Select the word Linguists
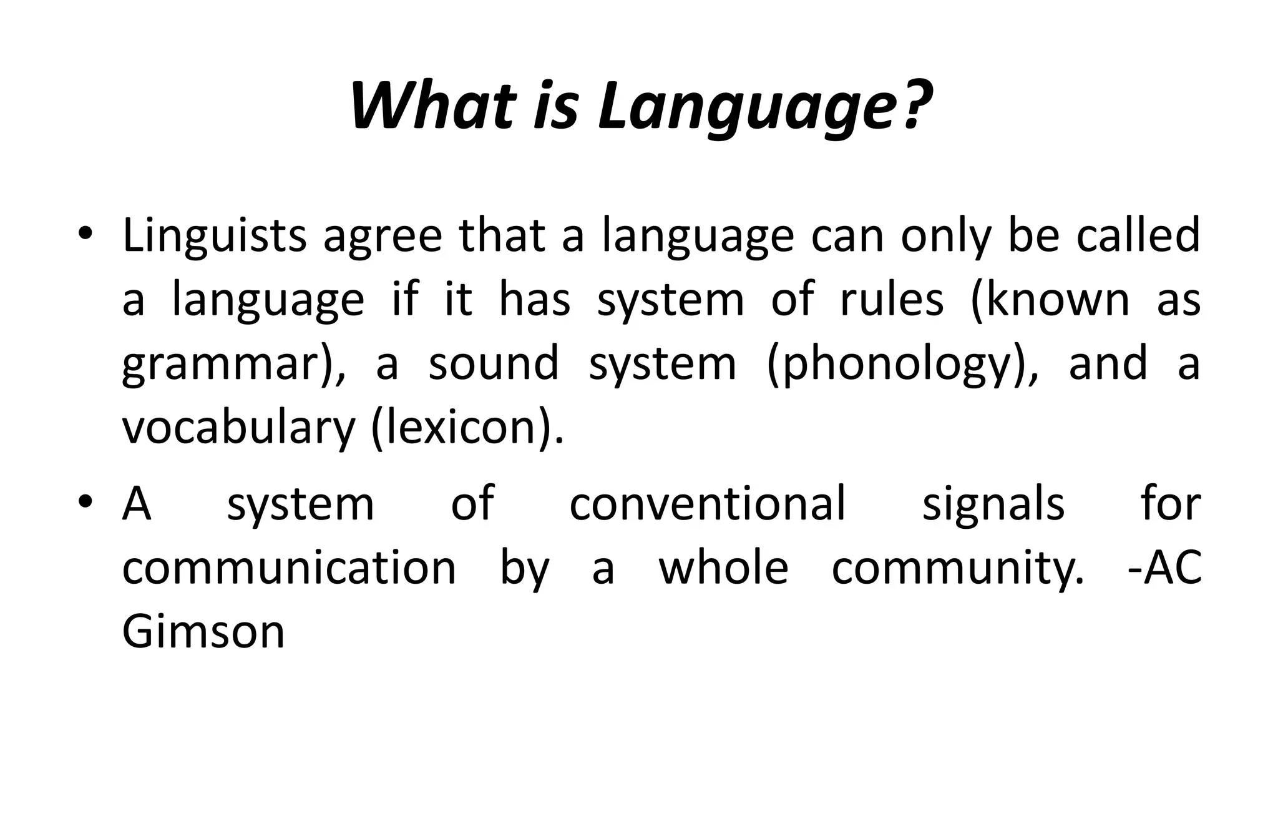(x=214, y=236)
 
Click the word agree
(x=383, y=236)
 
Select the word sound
(x=494, y=363)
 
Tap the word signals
(x=993, y=504)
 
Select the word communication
(x=289, y=568)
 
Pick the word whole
(x=724, y=568)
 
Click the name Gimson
(x=203, y=632)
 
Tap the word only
(x=946, y=236)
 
